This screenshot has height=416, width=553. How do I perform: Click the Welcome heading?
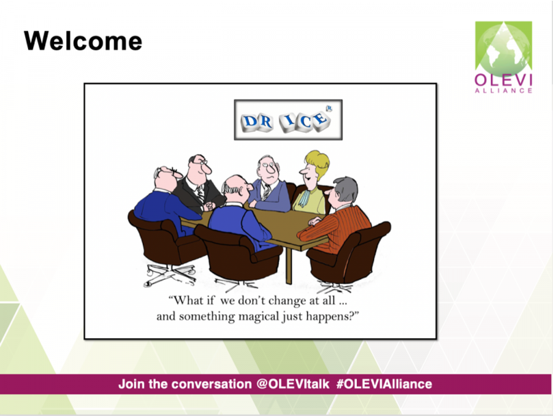coord(83,41)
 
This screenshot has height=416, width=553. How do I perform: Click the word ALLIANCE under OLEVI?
coord(503,91)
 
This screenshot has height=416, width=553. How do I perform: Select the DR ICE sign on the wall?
coord(288,120)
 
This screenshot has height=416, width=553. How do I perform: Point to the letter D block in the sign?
coord(250,121)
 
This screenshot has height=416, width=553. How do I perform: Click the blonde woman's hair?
coord(318,163)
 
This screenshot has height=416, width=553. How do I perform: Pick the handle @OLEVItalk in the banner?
coord(292,384)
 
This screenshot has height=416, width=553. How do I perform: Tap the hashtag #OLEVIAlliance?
coord(384,384)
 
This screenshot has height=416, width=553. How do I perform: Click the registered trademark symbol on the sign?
coord(329,109)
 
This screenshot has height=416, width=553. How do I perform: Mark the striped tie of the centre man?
coord(266,191)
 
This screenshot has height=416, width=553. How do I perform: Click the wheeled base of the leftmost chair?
coord(170,274)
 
